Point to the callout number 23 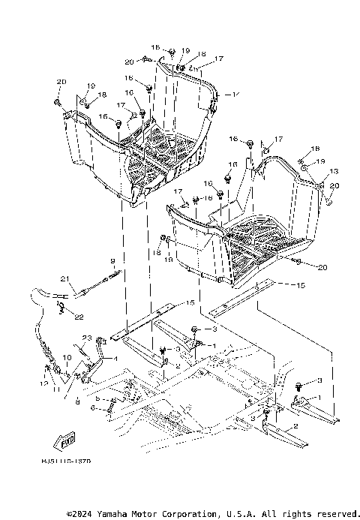[x=87, y=337]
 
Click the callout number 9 [x=112, y=260]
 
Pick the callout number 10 [x=67, y=357]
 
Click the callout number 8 [x=76, y=402]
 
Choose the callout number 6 [x=92, y=408]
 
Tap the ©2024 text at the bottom [x=80, y=514]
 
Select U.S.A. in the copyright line [x=239, y=514]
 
